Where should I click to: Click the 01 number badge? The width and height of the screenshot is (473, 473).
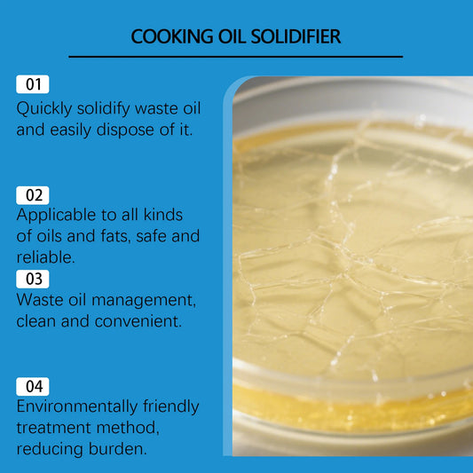pos(33,85)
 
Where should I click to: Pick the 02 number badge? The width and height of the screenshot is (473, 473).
pos(33,195)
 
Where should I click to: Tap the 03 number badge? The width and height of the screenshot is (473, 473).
pos(33,279)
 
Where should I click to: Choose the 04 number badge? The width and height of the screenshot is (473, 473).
pos(33,386)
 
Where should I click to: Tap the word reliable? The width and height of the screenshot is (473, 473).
pos(45,256)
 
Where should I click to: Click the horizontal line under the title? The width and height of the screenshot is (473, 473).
pos(235,57)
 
